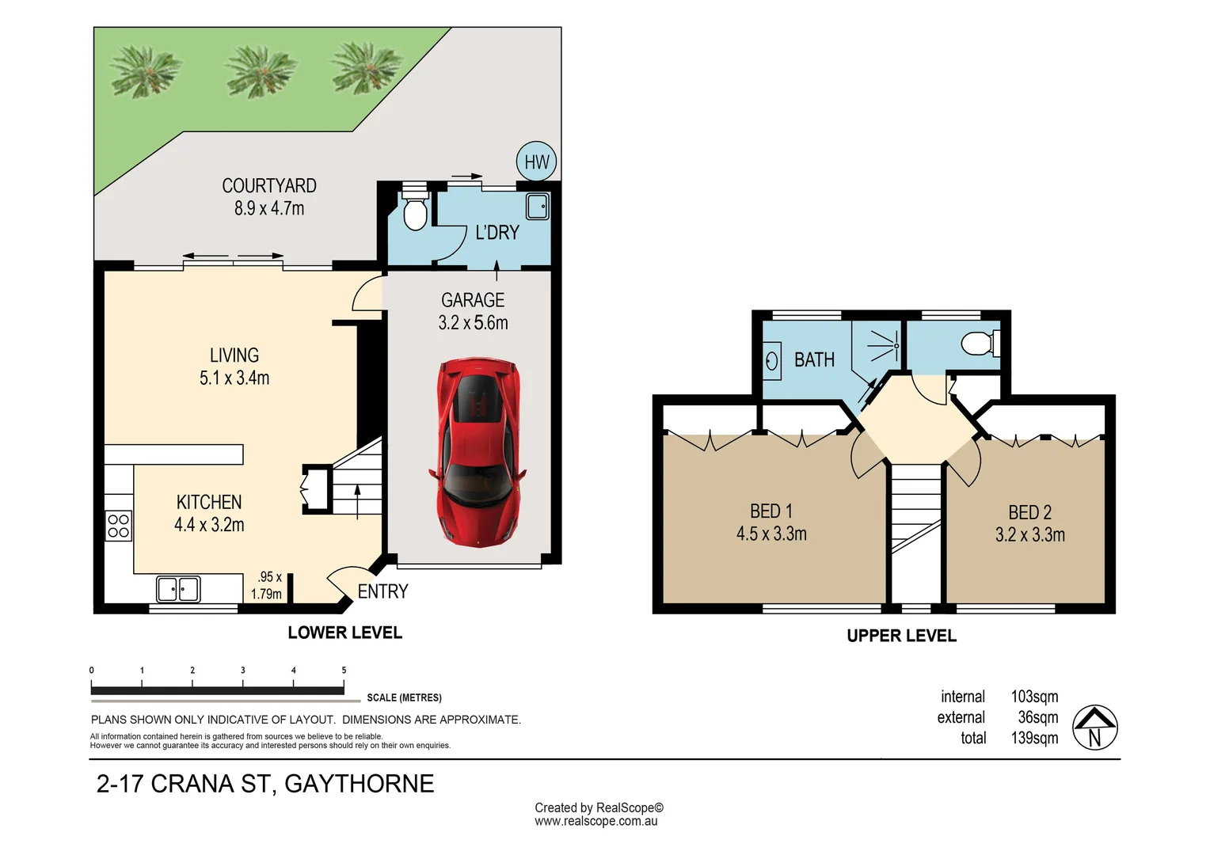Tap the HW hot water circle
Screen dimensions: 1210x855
point(536,161)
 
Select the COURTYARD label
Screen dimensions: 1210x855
point(269,186)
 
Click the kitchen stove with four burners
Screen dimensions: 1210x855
point(118,526)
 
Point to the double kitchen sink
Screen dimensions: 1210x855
point(178,589)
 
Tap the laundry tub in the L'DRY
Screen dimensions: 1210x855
point(538,207)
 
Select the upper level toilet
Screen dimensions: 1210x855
point(980,344)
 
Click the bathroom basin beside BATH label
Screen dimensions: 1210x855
point(772,361)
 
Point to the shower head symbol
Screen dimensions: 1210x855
point(885,346)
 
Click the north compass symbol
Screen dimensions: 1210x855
point(1094,728)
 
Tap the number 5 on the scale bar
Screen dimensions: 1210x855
point(344,671)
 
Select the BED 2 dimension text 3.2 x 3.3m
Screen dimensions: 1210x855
point(1030,534)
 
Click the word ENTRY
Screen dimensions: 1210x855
point(382,591)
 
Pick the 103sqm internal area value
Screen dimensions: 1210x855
point(1034,697)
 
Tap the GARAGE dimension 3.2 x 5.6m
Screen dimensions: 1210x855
point(473,322)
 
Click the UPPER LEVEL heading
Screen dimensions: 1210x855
point(901,636)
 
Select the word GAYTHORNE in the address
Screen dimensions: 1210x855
point(360,784)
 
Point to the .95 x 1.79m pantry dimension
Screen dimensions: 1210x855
point(266,586)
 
